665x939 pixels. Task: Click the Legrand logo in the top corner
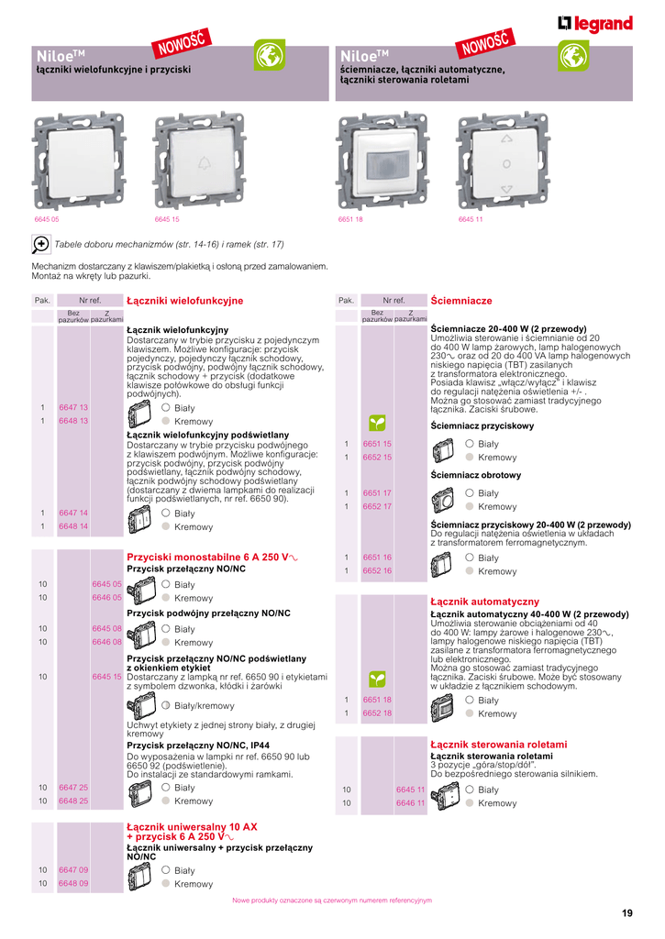click(x=595, y=25)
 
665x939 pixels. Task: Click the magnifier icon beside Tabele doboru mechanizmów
click(x=41, y=244)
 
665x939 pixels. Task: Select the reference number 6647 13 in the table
click(x=73, y=407)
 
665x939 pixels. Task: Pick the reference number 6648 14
click(x=73, y=526)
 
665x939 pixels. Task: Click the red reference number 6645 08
click(x=107, y=629)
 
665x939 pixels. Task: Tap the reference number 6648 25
click(x=73, y=801)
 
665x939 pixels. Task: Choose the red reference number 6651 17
click(x=377, y=493)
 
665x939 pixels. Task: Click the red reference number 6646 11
click(x=410, y=803)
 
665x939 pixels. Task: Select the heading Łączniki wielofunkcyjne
click(x=184, y=301)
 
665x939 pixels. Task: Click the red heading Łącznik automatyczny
click(x=484, y=602)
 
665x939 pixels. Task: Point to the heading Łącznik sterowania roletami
click(x=499, y=745)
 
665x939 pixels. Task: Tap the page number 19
click(x=626, y=913)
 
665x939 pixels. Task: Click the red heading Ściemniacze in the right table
click(x=461, y=301)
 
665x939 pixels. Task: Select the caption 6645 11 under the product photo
click(x=471, y=219)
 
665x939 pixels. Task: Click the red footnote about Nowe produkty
click(x=332, y=900)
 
